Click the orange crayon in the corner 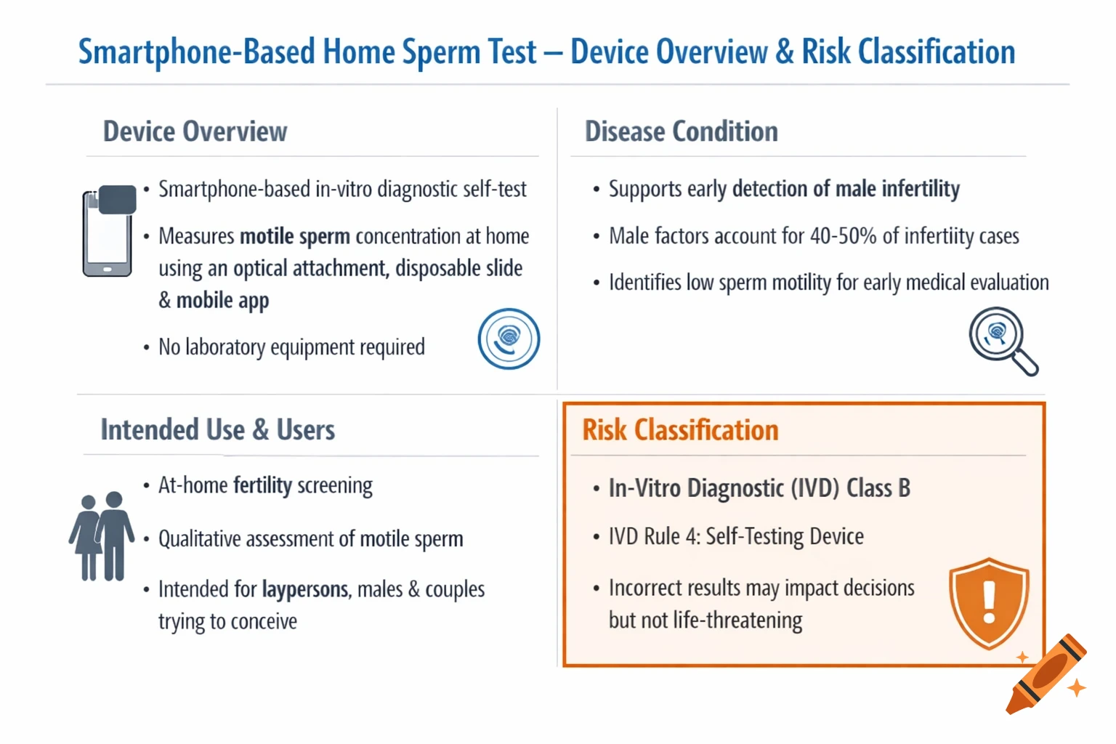pyautogui.click(x=1046, y=674)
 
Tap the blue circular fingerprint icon pyautogui.click(x=509, y=339)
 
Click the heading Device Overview pyautogui.click(x=195, y=132)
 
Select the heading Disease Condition pyautogui.click(x=681, y=132)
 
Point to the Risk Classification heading pyautogui.click(x=680, y=430)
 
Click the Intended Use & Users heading pyautogui.click(x=217, y=430)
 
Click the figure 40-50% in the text pyautogui.click(x=843, y=236)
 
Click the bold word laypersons pyautogui.click(x=305, y=589)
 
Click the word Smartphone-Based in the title pyautogui.click(x=196, y=52)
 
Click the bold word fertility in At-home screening pyautogui.click(x=262, y=485)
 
